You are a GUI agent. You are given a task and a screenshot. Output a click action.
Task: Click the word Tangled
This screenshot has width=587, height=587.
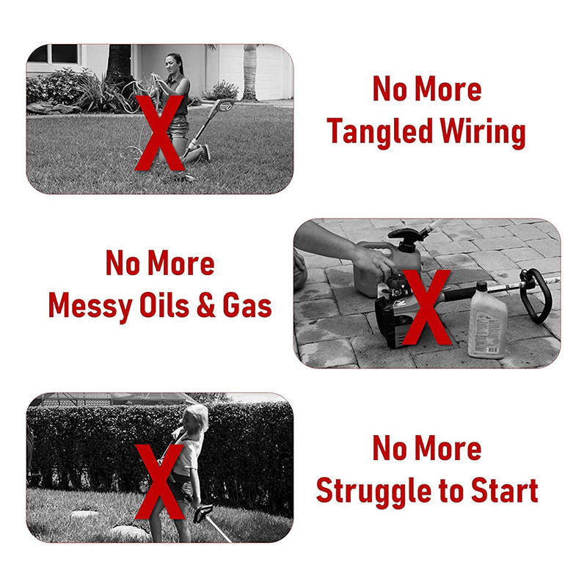(380, 131)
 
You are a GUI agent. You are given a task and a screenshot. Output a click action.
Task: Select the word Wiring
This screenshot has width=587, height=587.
(484, 131)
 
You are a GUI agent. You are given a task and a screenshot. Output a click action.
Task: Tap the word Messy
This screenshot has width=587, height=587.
(90, 305)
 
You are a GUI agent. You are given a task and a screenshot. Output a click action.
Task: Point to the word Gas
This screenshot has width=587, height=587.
(247, 304)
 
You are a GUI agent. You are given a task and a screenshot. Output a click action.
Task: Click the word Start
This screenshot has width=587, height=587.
(504, 489)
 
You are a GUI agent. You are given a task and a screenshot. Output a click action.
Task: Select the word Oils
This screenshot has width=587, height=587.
(164, 304)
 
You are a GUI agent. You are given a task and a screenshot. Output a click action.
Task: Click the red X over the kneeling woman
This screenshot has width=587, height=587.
(159, 133)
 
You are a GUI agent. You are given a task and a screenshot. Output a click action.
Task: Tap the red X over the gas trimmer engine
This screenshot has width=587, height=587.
(426, 307)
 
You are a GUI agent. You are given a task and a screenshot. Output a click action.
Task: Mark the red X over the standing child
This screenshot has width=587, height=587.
(159, 482)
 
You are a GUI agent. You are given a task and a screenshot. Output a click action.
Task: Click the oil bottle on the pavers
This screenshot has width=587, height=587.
(486, 322)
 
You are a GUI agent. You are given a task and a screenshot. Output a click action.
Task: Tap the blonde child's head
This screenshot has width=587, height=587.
(195, 418)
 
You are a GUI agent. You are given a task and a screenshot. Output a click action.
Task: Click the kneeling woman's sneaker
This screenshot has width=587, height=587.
(206, 153)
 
